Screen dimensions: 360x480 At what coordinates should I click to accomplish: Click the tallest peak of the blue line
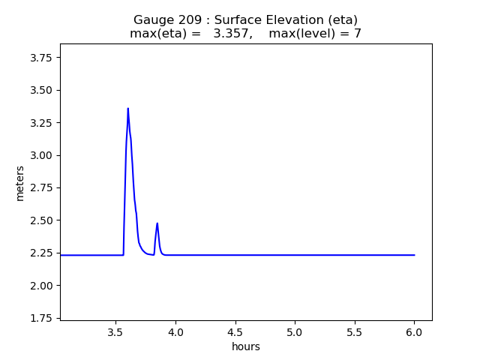pos(127,109)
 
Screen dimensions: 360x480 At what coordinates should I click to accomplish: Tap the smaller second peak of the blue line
pos(157,223)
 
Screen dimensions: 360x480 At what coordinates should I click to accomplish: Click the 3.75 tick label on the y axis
pos(42,57)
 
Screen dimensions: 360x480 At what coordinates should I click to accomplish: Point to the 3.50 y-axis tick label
pos(42,90)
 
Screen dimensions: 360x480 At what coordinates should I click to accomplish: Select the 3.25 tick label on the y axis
pos(42,122)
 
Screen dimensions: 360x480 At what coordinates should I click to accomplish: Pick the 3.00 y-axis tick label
pos(42,155)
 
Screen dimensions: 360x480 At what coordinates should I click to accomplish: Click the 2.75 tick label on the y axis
pos(42,187)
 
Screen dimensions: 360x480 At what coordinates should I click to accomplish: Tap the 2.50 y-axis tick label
pos(42,220)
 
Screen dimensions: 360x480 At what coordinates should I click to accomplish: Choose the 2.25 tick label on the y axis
pos(42,253)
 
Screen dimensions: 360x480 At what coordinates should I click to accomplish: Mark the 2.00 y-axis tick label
pos(42,286)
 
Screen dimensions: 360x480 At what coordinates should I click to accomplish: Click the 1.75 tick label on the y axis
pos(42,318)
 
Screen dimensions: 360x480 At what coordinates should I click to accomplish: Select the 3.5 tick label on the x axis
pos(115,332)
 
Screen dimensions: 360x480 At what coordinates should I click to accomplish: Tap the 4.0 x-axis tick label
pos(175,332)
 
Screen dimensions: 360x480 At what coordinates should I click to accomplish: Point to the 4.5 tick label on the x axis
pos(235,332)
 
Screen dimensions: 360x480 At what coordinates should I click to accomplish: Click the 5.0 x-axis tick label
pos(295,332)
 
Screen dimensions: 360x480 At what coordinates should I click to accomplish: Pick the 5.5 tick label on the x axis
pos(354,332)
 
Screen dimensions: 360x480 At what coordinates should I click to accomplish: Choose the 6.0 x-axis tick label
pos(414,332)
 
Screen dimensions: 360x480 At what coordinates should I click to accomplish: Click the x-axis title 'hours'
pos(246,346)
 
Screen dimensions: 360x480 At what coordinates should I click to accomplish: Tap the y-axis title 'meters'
pos(20,182)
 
